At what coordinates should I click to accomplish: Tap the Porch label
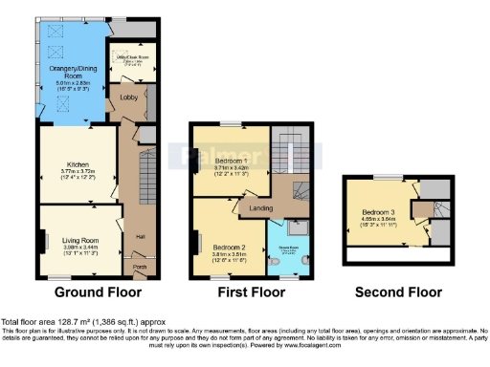139,267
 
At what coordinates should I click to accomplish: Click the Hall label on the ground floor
141,235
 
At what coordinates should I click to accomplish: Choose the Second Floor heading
397,291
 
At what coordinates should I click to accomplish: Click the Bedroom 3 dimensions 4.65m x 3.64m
380,221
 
